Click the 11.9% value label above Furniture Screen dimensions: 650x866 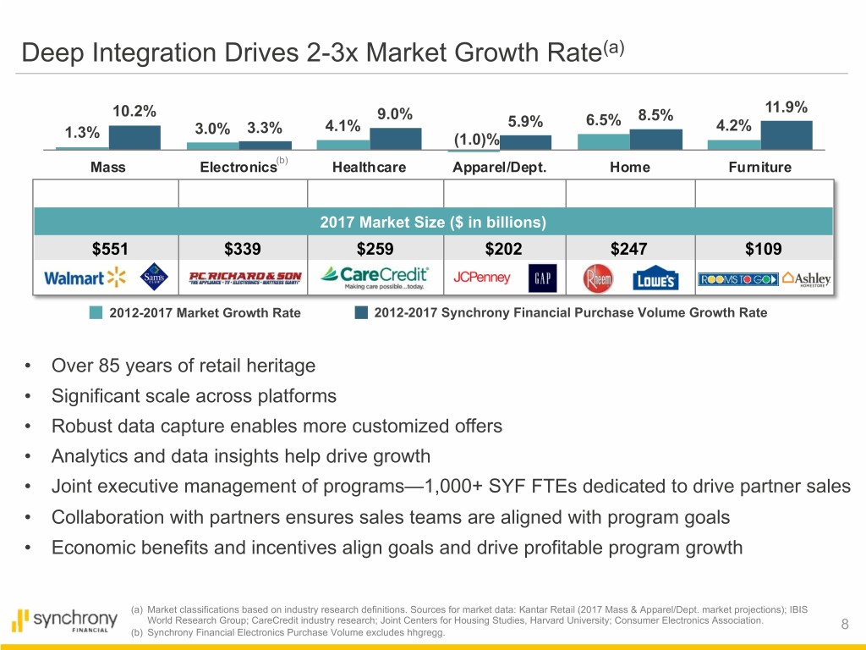787,107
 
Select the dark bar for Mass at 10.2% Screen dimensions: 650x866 134,137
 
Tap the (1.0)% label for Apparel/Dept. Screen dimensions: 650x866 475,140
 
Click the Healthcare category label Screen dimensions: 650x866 369,167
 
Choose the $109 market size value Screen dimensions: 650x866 764,249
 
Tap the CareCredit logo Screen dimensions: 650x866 375,277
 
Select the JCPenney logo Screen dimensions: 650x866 482,277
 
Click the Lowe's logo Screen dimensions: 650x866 655,278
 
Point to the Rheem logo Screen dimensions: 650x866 599,278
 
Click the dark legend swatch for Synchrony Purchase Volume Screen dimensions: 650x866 361,312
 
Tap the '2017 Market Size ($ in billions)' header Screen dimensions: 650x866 433,223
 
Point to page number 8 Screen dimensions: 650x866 845,625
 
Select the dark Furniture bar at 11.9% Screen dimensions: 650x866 787,135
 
